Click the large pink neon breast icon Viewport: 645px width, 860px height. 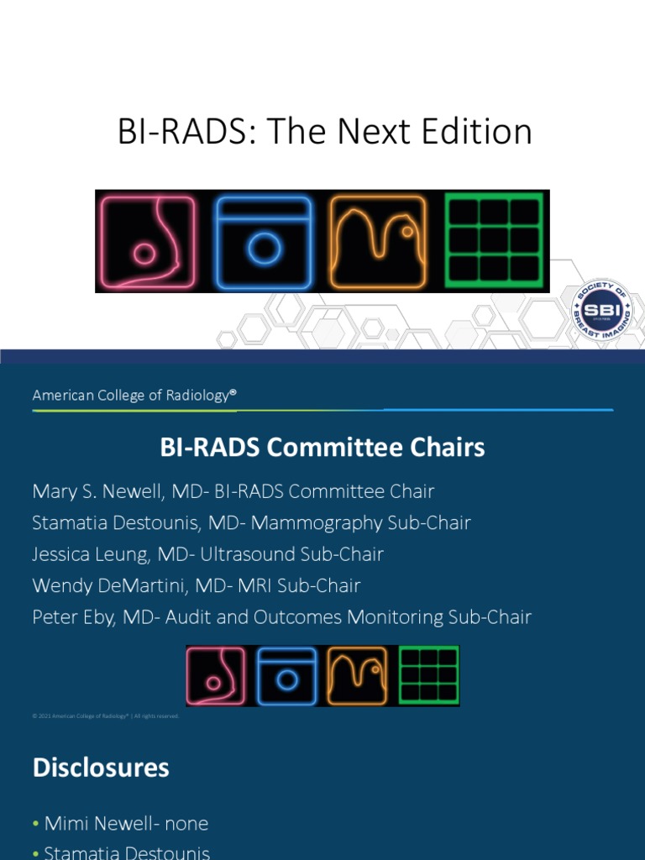point(147,241)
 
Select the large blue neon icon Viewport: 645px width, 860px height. point(263,241)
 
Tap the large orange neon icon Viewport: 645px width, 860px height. point(377,241)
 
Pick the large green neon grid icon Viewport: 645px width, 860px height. point(494,241)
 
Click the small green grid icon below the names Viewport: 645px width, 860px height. point(428,675)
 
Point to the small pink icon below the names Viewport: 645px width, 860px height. point(216,675)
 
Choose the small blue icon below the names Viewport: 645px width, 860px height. point(286,675)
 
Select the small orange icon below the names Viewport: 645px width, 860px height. point(357,675)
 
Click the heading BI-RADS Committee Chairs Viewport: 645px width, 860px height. point(322,448)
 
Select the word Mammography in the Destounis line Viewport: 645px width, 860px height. point(322,522)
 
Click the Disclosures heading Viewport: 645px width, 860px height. point(101,768)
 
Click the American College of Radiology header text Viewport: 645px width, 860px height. point(131,395)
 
